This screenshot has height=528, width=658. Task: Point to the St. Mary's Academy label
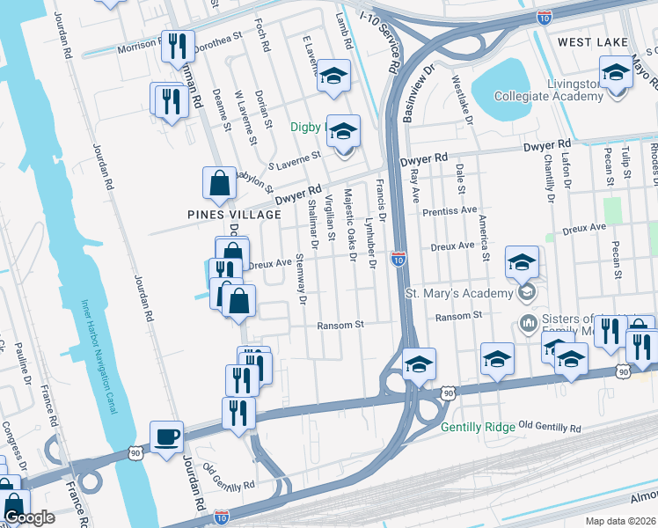[x=458, y=293]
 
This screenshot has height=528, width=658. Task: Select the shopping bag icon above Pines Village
[x=219, y=183]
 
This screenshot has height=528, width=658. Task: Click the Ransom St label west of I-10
[x=340, y=325]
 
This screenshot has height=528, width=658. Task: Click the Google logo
[x=29, y=517]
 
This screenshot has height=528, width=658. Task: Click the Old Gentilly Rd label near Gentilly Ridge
[x=550, y=428]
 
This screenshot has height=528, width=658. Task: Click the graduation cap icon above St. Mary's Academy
[x=521, y=262]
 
